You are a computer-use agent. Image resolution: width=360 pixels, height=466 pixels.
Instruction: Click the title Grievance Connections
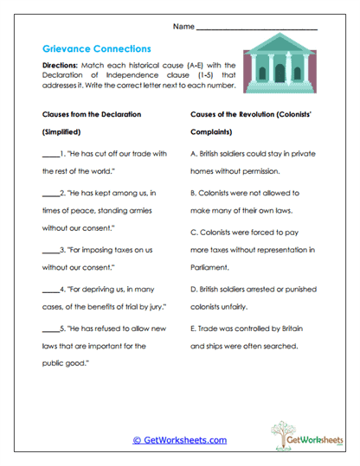pyautogui.click(x=96, y=49)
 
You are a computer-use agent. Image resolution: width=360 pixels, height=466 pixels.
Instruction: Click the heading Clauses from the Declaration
pyautogui.click(x=91, y=115)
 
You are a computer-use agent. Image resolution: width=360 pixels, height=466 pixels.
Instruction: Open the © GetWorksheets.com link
pyautogui.click(x=179, y=440)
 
